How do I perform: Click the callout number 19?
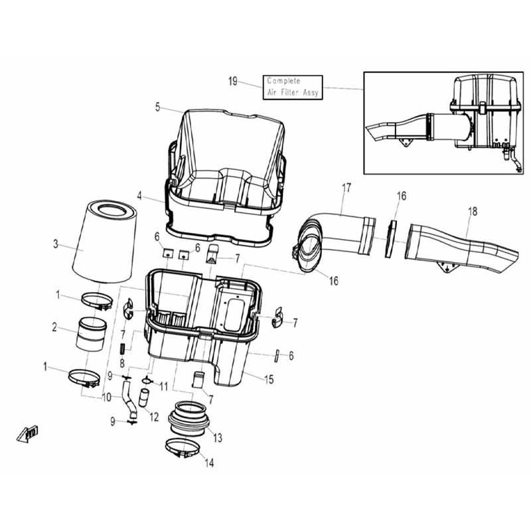233,82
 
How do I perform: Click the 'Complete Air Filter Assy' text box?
293,88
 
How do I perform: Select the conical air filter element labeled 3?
105,242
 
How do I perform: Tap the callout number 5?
157,107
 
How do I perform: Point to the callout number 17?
346,188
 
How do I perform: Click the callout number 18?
473,211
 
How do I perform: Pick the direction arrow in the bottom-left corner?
27,433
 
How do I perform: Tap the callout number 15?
269,380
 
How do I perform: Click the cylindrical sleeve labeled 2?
91,334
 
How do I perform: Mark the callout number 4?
139,196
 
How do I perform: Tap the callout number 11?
163,386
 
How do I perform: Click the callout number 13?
218,438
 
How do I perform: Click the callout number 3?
56,244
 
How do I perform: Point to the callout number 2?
54,327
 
